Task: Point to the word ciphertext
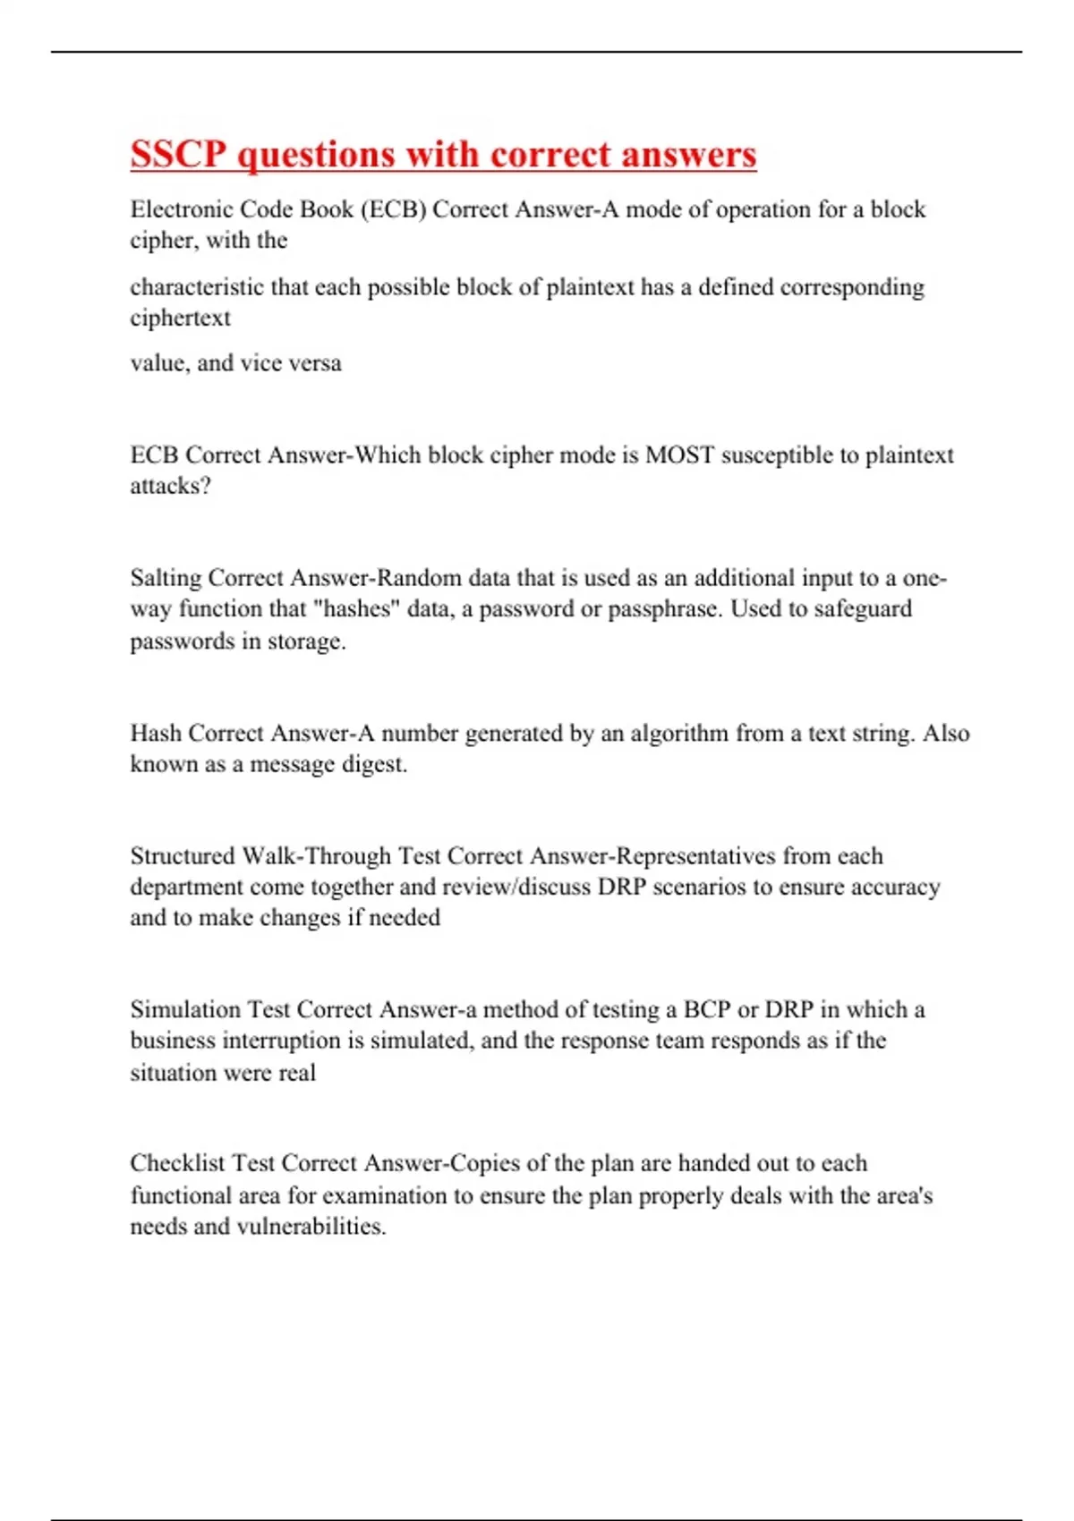coord(180,318)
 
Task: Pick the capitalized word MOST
coord(680,455)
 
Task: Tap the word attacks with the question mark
coord(170,486)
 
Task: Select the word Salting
coord(166,578)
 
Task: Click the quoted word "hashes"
coord(356,609)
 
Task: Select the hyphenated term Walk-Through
coord(317,856)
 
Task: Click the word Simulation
coord(185,1010)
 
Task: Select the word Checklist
coord(177,1163)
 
